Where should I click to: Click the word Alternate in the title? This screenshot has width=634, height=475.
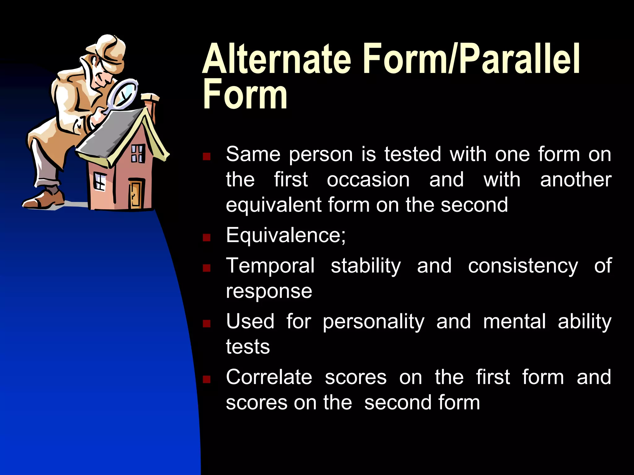click(276, 59)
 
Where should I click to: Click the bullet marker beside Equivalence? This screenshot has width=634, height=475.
click(206, 237)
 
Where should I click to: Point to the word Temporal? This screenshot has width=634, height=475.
click(270, 266)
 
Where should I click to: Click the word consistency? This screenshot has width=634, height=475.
click(523, 266)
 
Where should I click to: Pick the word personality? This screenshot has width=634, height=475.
click(373, 322)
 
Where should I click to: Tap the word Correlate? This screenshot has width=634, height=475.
click(269, 377)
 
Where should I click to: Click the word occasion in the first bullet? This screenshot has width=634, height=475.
click(368, 180)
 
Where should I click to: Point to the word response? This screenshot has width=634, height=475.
click(269, 291)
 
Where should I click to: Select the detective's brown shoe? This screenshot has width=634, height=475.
click(43, 200)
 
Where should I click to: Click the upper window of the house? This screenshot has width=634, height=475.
click(137, 153)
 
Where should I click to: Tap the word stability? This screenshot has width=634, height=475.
click(366, 266)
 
